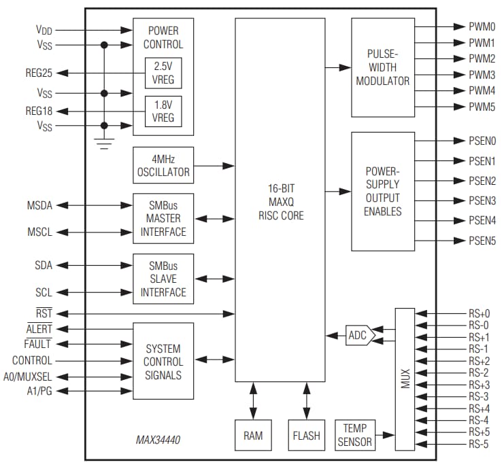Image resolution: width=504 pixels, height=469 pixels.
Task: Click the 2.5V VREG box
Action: pyautogui.click(x=163, y=73)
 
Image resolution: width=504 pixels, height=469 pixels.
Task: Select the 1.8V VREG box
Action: pyautogui.click(x=163, y=111)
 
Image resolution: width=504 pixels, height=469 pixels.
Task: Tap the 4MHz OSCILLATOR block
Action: pyautogui.click(x=163, y=166)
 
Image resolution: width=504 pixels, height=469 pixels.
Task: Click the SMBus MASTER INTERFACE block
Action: pyautogui.click(x=163, y=218)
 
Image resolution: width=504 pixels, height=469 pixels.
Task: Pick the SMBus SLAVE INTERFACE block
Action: pyautogui.click(x=163, y=279)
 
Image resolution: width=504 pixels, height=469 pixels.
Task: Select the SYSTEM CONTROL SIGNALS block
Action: pyautogui.click(x=163, y=360)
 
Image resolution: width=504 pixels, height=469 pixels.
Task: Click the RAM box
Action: pyautogui.click(x=252, y=436)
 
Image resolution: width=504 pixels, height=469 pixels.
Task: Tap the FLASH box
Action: pyautogui.click(x=307, y=436)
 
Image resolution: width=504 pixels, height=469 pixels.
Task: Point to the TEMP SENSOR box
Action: pyautogui.click(x=355, y=435)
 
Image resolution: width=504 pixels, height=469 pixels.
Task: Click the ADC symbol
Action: pyautogui.click(x=358, y=335)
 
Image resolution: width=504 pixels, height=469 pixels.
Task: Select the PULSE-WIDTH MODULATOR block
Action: pyautogui.click(x=383, y=67)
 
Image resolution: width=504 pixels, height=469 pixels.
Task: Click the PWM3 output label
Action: pyautogui.click(x=482, y=75)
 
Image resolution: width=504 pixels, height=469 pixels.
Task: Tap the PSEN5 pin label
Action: pyautogui.click(x=482, y=241)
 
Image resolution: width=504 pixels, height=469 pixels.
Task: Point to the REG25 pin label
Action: pyautogui.click(x=39, y=72)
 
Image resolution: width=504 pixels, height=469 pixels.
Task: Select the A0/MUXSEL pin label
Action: pyautogui.click(x=33, y=376)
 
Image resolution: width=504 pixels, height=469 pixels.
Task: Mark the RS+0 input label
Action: pyautogui.click(x=479, y=313)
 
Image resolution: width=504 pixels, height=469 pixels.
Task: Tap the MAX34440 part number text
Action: pyautogui.click(x=158, y=441)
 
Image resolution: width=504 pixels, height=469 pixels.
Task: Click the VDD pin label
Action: pyautogui.click(x=44, y=30)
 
